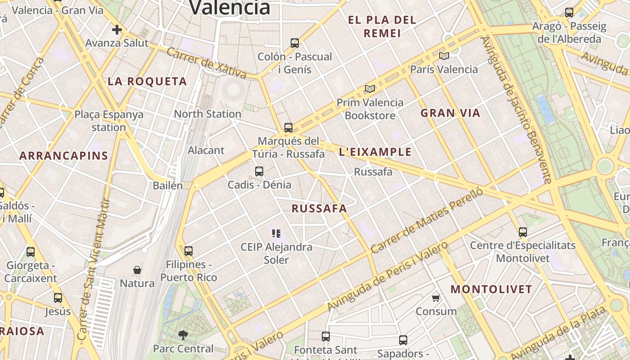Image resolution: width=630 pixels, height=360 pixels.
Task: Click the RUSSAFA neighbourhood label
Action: (x=319, y=208)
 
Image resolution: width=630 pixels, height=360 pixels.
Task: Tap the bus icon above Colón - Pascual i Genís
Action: (x=295, y=43)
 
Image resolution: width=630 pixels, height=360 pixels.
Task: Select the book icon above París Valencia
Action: (x=444, y=56)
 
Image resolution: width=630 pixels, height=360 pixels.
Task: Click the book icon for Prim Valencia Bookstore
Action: (x=370, y=89)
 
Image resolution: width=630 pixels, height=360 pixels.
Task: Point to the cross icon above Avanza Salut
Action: (x=117, y=30)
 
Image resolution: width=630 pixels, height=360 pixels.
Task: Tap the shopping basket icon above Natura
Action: (x=137, y=270)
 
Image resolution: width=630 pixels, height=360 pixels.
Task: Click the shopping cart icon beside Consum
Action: (x=436, y=298)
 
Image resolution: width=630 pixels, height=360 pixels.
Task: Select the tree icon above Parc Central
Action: (x=183, y=335)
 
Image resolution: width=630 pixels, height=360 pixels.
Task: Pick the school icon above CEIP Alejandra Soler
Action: (x=276, y=233)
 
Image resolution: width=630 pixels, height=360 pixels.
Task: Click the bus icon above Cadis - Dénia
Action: (x=259, y=171)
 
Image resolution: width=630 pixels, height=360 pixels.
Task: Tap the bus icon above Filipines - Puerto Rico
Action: (x=189, y=251)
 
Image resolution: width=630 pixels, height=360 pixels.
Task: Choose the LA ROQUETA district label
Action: (x=147, y=81)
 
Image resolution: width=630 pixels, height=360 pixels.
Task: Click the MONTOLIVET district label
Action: (x=491, y=289)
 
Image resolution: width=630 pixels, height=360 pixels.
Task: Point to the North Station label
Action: (x=207, y=114)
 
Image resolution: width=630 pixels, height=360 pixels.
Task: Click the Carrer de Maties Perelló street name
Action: (x=426, y=220)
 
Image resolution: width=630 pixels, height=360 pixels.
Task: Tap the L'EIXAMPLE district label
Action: (x=375, y=152)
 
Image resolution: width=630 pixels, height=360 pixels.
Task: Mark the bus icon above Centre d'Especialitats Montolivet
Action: (x=522, y=232)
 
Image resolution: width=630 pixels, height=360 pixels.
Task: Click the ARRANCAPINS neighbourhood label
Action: (x=63, y=156)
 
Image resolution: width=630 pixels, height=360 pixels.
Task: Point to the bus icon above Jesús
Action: (x=58, y=298)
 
